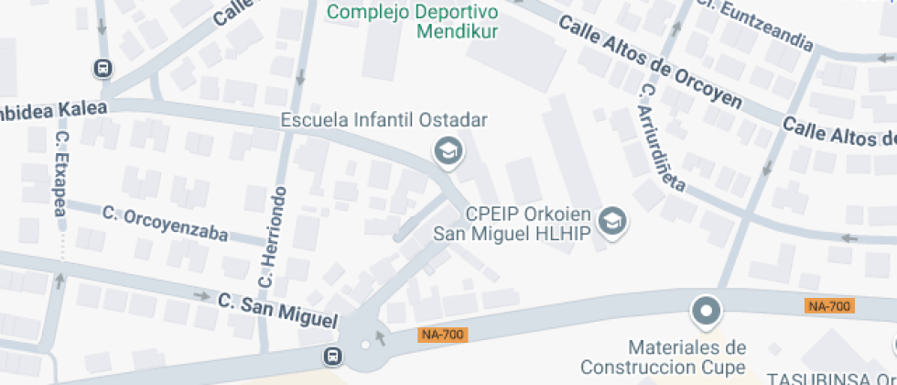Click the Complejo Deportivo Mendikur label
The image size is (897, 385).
pos(412,22)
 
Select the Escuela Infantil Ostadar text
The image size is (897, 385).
pos(384,120)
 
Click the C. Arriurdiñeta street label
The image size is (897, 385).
pos(664,137)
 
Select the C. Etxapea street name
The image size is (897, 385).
pos(61,173)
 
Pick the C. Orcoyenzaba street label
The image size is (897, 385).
pos(165,223)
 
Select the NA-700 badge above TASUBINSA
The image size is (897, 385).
pos(830,306)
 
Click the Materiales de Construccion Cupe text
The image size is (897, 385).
pos(687,357)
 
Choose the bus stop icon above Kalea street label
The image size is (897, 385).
pos(103,68)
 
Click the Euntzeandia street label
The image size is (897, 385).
pos(766,26)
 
